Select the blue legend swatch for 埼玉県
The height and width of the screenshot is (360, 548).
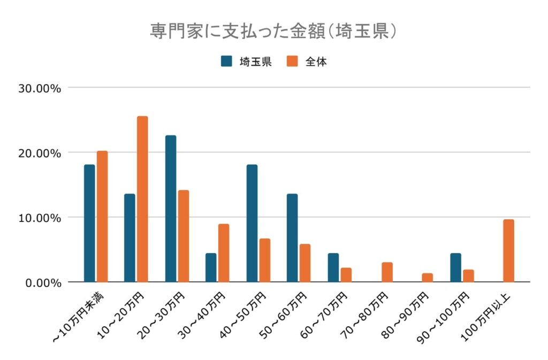227,61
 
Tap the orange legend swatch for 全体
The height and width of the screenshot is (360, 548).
292,61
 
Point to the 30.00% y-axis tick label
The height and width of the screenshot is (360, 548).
40,88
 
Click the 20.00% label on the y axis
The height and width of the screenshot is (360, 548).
40,153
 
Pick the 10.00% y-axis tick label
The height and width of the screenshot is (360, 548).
40,218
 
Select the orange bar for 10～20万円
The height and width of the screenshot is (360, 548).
142,199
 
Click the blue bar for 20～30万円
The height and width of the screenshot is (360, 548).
171,209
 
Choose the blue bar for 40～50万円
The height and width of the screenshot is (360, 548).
252,223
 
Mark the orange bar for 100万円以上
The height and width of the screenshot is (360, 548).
508,251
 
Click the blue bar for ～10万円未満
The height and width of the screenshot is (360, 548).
89,223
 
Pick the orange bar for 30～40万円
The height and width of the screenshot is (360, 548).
224,253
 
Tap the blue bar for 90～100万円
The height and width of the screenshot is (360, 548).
455,267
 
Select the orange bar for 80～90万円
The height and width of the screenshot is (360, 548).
427,278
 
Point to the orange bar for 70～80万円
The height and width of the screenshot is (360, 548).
387,272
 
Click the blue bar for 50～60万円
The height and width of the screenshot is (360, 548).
292,238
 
